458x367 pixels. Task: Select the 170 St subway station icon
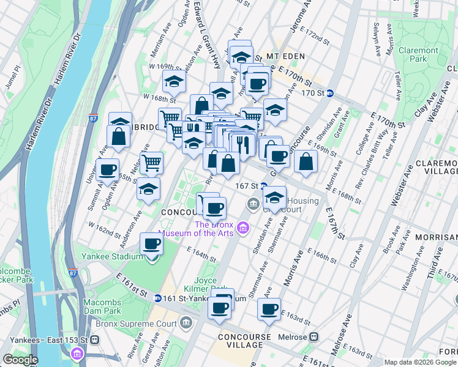tap(329, 94)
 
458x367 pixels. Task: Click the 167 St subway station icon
tap(263, 185)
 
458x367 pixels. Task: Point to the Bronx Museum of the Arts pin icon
tap(244, 228)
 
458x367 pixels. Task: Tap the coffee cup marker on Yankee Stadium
tap(151, 245)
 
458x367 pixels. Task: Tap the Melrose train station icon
tap(314, 337)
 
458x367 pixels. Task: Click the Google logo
tap(20, 360)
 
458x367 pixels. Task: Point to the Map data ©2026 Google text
tap(419, 362)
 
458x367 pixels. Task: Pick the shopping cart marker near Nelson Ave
tap(151, 163)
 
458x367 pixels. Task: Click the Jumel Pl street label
tap(12, 80)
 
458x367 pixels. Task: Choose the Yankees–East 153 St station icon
tap(94, 339)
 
